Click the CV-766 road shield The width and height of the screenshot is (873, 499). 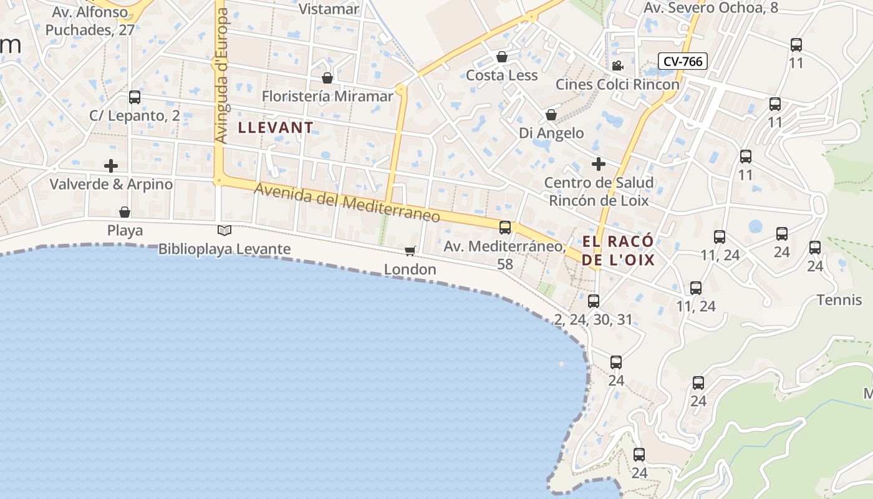[x=683, y=61]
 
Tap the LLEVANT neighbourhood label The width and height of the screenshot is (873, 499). [x=276, y=128]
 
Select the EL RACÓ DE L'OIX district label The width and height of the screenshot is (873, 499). [x=619, y=250]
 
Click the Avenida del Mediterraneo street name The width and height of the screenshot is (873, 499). [x=347, y=204]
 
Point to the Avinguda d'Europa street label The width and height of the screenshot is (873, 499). [x=221, y=75]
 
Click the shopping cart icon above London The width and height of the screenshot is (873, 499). [x=410, y=251]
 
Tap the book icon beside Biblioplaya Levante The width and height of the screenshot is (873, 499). [x=224, y=231]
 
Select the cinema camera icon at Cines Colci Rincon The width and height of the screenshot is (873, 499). [x=617, y=65]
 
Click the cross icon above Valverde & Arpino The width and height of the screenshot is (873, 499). [x=111, y=166]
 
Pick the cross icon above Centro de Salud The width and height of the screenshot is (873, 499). [x=599, y=164]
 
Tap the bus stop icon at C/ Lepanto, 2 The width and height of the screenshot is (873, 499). [x=135, y=97]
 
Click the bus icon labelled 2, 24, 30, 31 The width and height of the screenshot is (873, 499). [x=594, y=301]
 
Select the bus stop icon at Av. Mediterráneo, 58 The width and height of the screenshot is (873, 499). [x=505, y=228]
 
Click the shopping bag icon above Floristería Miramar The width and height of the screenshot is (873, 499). [x=327, y=78]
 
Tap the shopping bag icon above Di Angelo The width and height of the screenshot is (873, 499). [x=551, y=115]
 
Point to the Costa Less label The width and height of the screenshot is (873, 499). [x=501, y=75]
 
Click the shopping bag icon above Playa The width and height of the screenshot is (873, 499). [x=125, y=212]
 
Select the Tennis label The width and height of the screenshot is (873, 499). [x=839, y=300]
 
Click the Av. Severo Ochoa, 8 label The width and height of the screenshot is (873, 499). [x=710, y=8]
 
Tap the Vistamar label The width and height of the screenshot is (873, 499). [x=329, y=9]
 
